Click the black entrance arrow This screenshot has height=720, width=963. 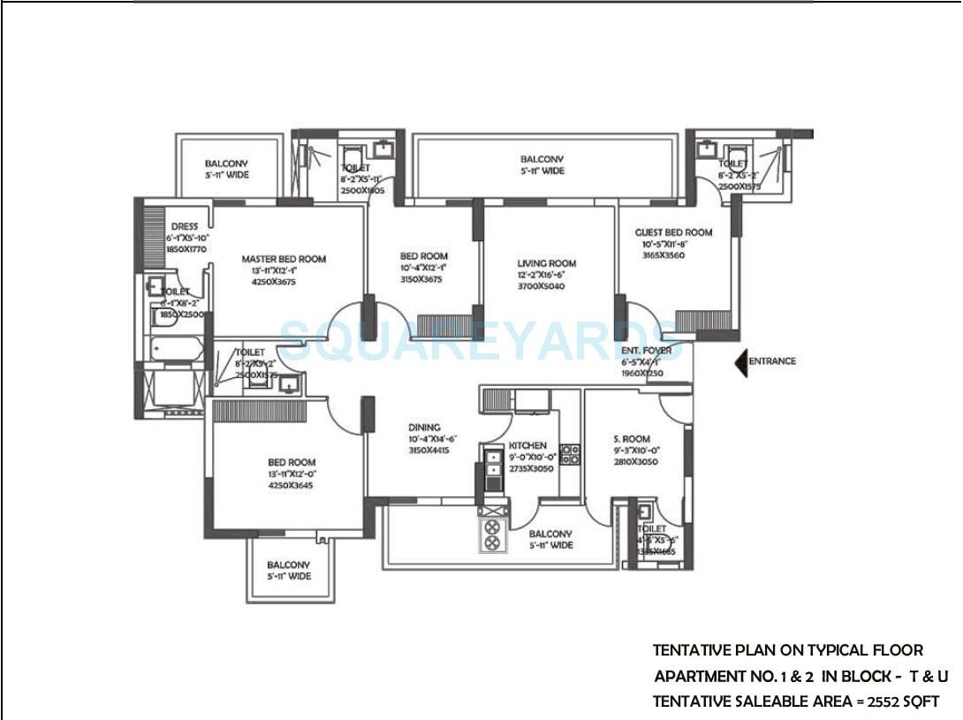[741, 361]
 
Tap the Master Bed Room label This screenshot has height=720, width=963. [284, 259]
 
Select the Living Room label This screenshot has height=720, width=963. [546, 263]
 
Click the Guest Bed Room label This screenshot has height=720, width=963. [673, 232]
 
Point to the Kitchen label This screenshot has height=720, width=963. [527, 446]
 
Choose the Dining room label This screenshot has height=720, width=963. [424, 428]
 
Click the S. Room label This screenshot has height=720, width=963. [632, 439]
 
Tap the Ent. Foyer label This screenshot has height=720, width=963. [646, 351]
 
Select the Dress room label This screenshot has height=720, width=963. [185, 227]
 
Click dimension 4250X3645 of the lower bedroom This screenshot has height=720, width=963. [292, 485]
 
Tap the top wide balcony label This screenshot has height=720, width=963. [542, 159]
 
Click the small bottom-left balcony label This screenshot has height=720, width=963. [289, 565]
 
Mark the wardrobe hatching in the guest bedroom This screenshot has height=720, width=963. [702, 321]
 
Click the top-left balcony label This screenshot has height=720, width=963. [227, 163]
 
